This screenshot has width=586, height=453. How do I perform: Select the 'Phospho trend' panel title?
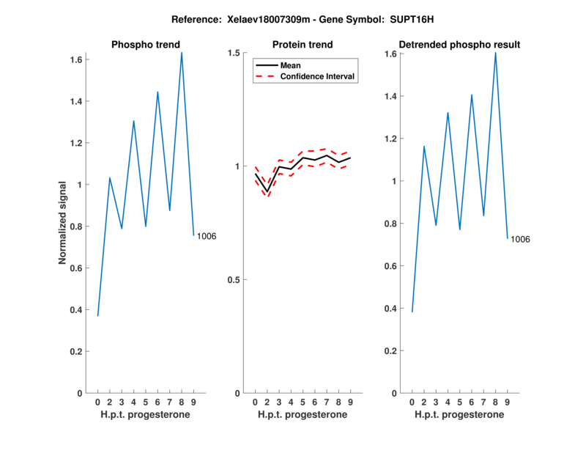tap(145, 45)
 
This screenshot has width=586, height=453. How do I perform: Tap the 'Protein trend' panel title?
tap(303, 45)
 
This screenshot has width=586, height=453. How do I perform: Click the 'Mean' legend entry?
tap(291, 65)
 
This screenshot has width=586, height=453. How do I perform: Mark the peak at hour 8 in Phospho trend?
tap(182, 53)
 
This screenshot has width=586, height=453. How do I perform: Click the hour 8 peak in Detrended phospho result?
tap(495, 53)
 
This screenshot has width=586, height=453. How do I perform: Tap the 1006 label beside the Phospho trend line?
tap(207, 236)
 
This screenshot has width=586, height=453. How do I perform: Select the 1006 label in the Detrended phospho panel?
tap(520, 240)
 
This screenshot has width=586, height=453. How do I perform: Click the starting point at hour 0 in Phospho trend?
tap(97, 315)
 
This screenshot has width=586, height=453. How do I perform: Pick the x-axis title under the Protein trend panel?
tap(303, 415)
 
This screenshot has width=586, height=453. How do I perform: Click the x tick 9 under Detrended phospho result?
tap(507, 402)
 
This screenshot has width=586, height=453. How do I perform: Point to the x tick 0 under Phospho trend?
tap(97, 402)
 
